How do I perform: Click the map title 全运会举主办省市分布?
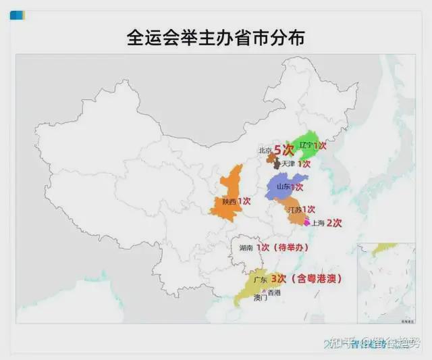tap(215, 36)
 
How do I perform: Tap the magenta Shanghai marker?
tap(308, 222)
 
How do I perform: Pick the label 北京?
tap(265, 151)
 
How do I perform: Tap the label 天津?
tap(288, 163)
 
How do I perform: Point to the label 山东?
tap(283, 186)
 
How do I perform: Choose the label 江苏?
tap(294, 210)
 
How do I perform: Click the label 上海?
tap(317, 223)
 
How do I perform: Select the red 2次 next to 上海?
tap(334, 222)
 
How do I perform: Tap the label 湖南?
tap(246, 248)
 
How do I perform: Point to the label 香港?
tap(273, 292)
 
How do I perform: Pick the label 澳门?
tap(261, 298)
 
